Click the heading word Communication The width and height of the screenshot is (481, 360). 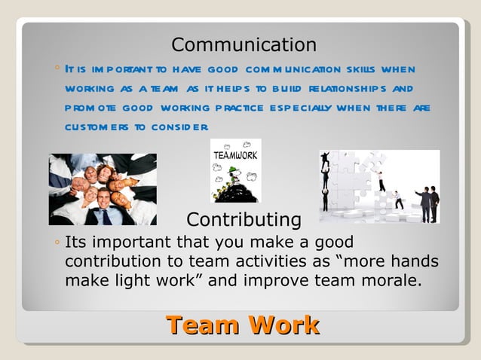(x=244, y=44)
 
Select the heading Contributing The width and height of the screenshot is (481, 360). (x=244, y=220)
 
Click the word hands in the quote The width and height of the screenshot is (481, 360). (x=412, y=261)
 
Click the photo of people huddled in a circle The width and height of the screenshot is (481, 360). (x=103, y=189)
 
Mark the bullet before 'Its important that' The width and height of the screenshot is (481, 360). (x=57, y=244)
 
